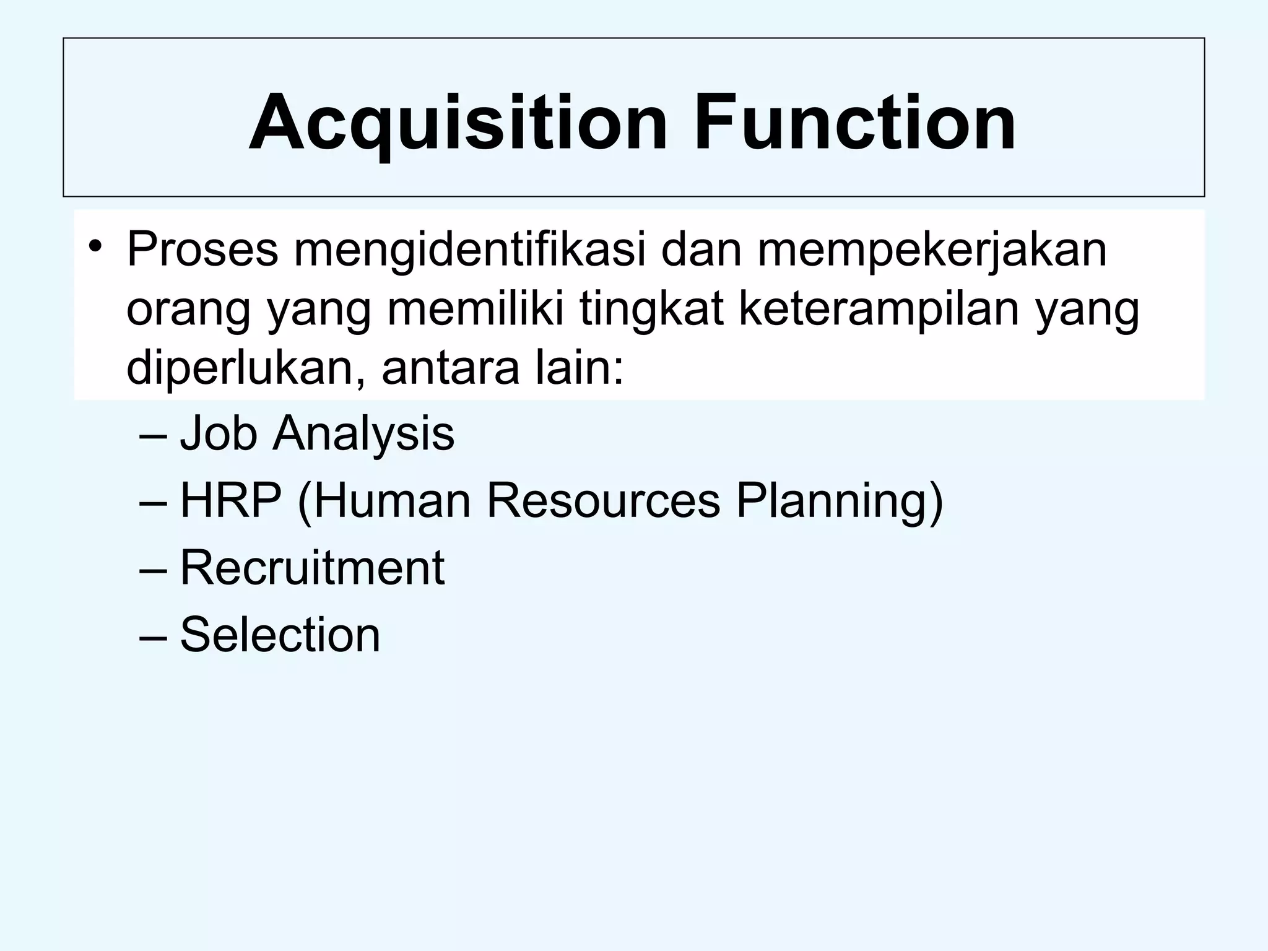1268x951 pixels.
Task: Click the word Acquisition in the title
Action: tap(458, 122)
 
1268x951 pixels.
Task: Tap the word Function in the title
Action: tap(854, 122)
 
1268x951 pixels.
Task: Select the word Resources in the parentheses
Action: tap(604, 500)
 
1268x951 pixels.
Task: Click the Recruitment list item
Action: tap(312, 567)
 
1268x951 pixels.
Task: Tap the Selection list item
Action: tap(280, 634)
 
